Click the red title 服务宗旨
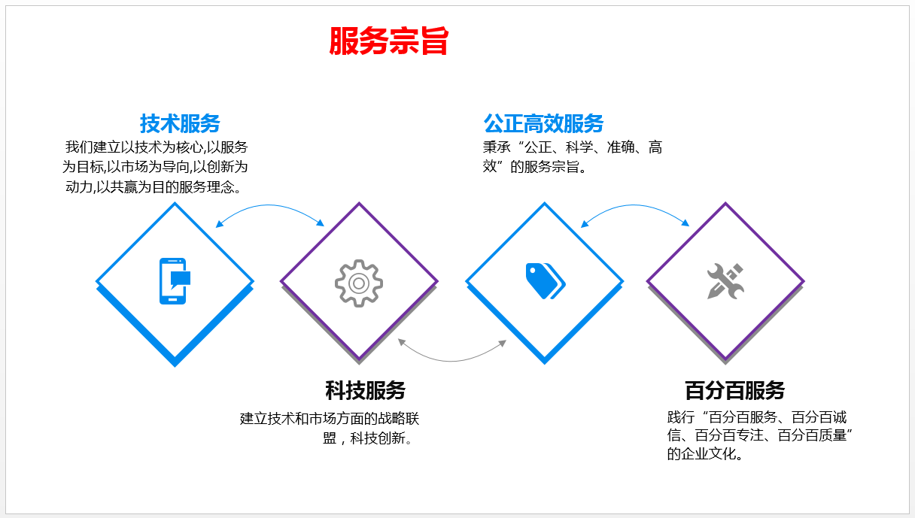point(388,41)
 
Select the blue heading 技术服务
point(180,123)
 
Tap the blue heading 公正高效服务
point(543,123)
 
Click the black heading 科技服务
point(365,390)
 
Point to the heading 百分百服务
point(734,390)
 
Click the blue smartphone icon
point(175,281)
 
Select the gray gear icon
point(359,283)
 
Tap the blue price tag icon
point(546,281)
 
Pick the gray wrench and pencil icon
point(725,281)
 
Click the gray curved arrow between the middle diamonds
point(451,361)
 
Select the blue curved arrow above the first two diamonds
point(269,205)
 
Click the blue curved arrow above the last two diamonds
point(634,205)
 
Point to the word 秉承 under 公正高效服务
point(497,147)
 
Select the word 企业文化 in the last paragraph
point(708,453)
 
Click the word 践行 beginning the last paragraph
point(681,417)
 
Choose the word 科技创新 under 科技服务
point(378,438)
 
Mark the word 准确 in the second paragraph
point(621,147)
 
